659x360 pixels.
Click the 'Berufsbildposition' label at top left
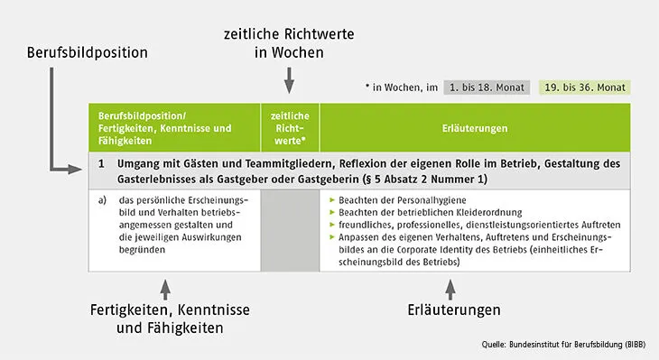point(86,53)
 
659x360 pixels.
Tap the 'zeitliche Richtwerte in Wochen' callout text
point(288,42)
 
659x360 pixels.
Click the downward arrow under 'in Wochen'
point(289,83)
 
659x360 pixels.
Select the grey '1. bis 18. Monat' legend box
point(487,88)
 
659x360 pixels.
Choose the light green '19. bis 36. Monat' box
point(585,88)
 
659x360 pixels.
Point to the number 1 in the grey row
point(102,164)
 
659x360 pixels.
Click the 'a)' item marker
point(102,199)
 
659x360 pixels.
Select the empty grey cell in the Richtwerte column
point(289,230)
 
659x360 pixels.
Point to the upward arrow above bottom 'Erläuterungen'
point(450,290)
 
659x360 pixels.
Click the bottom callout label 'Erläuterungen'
point(450,310)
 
